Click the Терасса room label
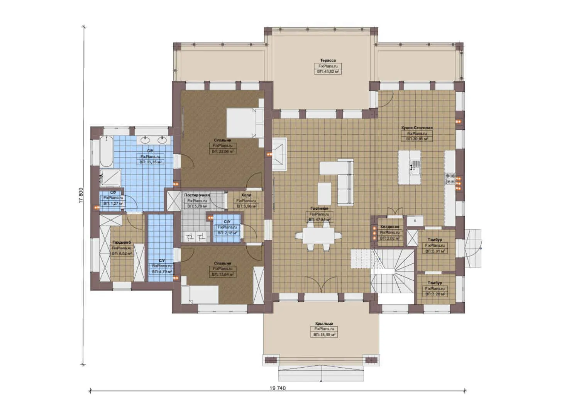click(328, 60)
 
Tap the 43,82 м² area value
click(328, 72)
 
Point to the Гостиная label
click(319, 208)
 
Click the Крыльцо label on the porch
click(324, 324)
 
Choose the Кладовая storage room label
click(389, 227)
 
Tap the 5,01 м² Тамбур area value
click(435, 251)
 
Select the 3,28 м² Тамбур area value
click(435, 294)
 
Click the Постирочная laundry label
click(197, 195)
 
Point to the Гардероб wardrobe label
click(122, 242)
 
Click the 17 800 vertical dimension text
click(81, 195)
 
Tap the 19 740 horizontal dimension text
click(278, 388)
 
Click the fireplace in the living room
click(279, 154)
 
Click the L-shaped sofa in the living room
click(345, 181)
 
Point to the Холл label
click(246, 195)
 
